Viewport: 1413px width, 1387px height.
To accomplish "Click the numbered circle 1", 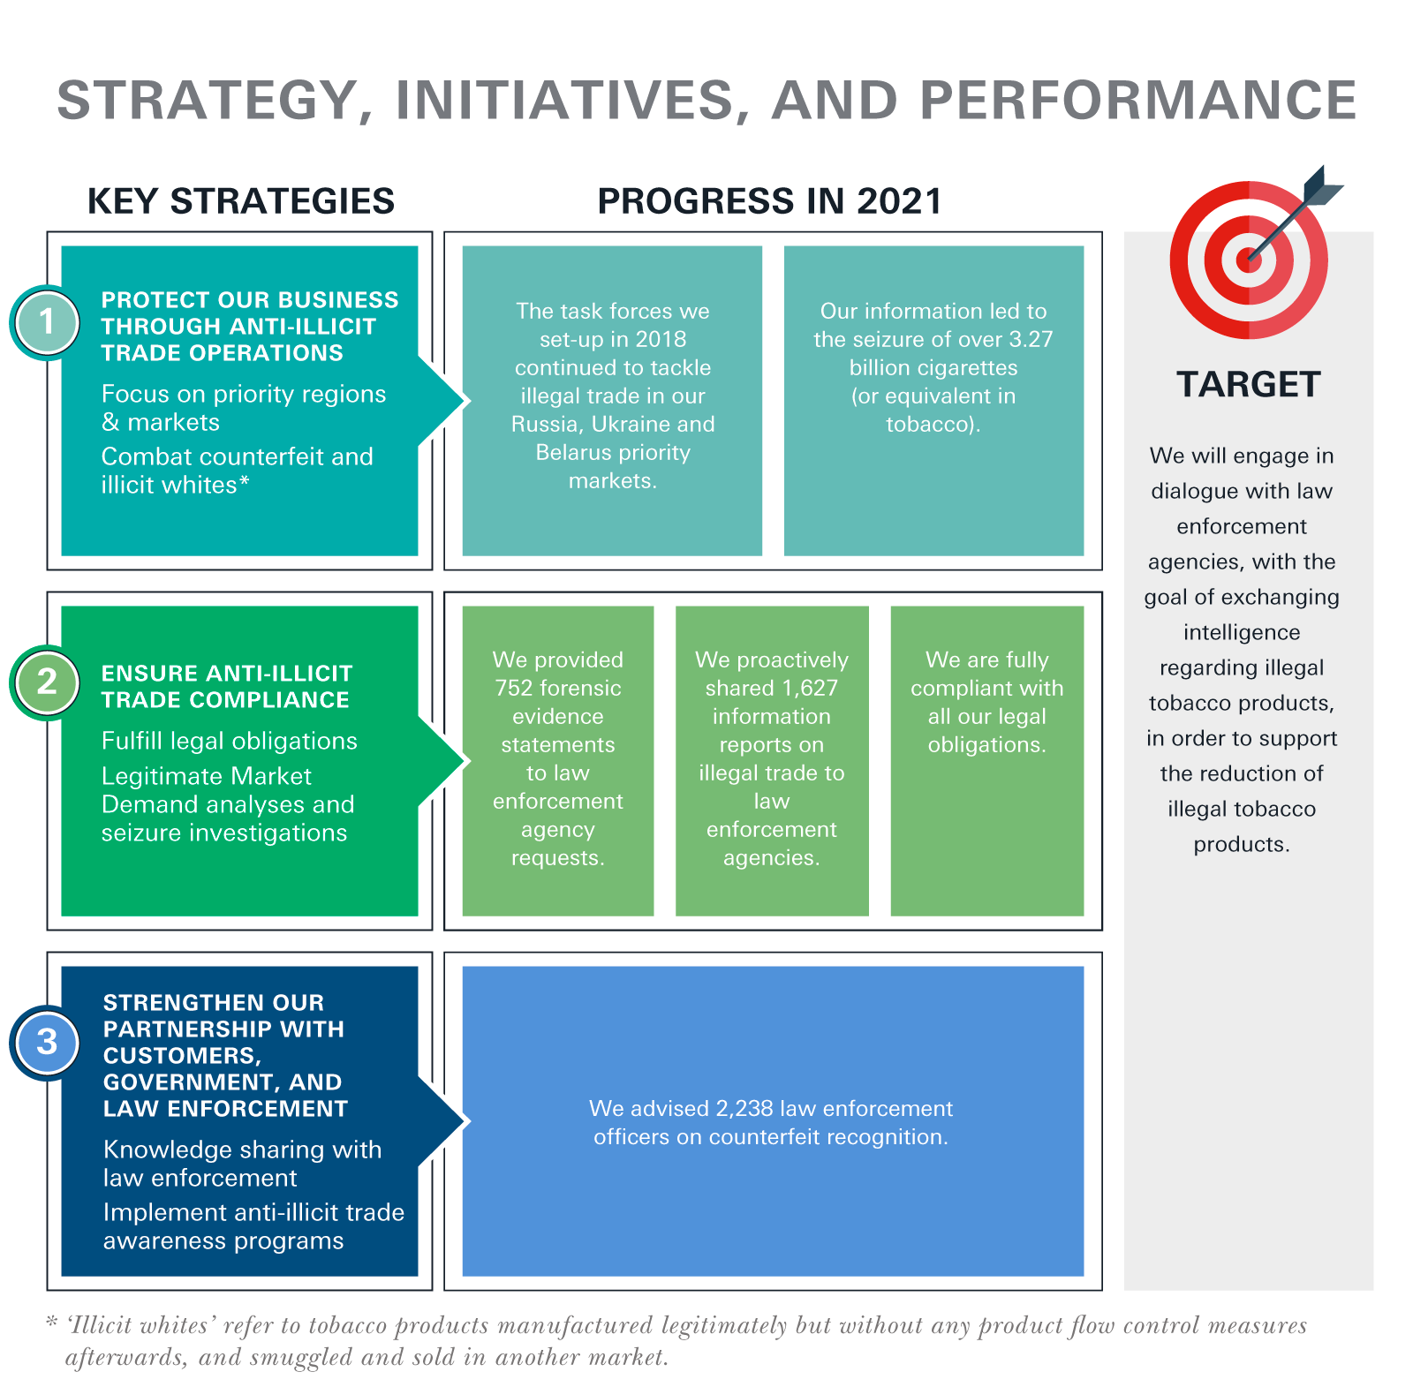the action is click(x=47, y=322).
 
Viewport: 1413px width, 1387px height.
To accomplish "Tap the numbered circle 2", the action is click(x=47, y=682).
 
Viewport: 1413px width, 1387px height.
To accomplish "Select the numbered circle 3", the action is click(x=47, y=1043).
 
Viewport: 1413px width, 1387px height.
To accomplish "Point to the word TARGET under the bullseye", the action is click(x=1249, y=385).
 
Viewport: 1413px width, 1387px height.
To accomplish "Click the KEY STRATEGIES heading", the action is click(x=241, y=201).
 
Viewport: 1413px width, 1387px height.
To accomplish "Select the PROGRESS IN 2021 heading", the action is click(x=770, y=201).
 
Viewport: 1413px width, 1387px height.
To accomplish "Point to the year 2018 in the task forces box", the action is click(x=661, y=340).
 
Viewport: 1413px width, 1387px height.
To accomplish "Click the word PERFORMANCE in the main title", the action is click(x=1138, y=100).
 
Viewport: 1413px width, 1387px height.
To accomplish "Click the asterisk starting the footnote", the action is click(x=51, y=1322).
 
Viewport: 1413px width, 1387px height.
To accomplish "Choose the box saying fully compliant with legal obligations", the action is click(x=987, y=761).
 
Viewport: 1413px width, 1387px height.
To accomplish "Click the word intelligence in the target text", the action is click(x=1242, y=633).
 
